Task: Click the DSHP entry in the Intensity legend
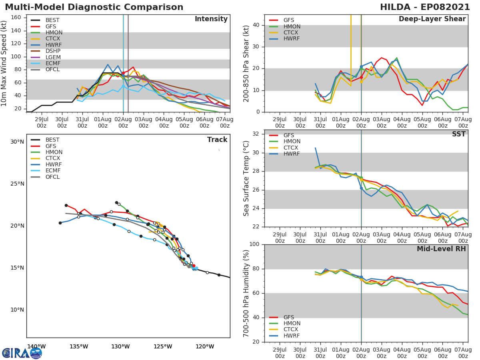pos(52,51)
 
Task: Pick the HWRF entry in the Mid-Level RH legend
pos(292,336)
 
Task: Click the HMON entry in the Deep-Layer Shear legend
pos(292,26)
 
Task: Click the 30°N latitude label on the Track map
pos(17,142)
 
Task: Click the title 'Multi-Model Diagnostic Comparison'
pos(94,7)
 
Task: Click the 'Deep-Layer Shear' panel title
pos(432,19)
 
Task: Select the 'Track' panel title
pos(217,140)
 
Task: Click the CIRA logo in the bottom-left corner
pos(22,352)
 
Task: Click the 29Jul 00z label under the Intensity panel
pos(42,122)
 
